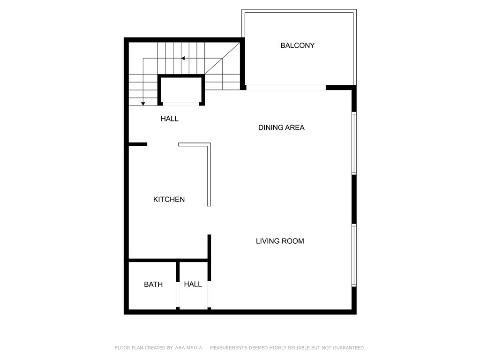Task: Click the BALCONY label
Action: click(x=297, y=45)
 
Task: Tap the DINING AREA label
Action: click(x=281, y=127)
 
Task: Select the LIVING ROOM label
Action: click(x=280, y=241)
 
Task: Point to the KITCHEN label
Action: click(x=169, y=200)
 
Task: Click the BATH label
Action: click(x=153, y=285)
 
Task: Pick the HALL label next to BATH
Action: click(x=193, y=285)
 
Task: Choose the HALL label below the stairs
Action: click(x=170, y=119)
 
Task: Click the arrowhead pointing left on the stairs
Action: click(x=183, y=58)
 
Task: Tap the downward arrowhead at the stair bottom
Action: click(x=143, y=104)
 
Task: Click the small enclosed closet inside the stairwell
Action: click(x=181, y=90)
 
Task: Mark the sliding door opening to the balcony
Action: click(x=286, y=88)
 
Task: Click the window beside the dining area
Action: click(x=354, y=143)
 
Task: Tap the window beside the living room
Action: click(x=354, y=255)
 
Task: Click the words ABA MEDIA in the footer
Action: click(x=189, y=348)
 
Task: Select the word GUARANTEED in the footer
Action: click(x=349, y=348)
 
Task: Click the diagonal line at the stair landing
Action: click(x=223, y=59)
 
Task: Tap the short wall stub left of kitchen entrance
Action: click(x=138, y=144)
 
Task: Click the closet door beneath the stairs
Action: click(x=181, y=104)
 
